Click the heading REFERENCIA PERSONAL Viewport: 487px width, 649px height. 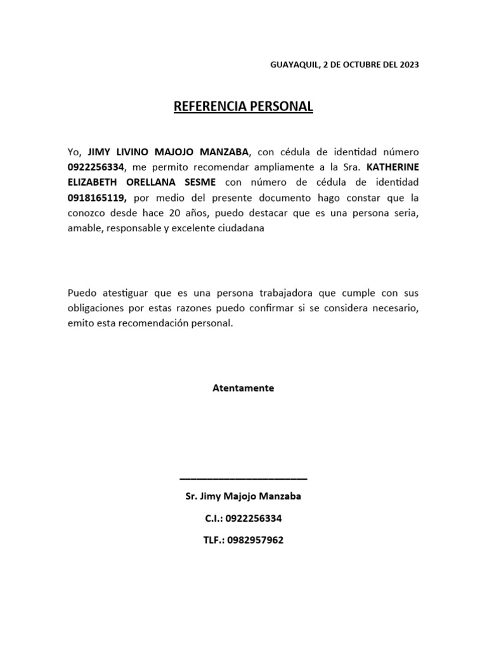(x=243, y=106)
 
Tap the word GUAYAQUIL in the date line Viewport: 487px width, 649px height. (x=294, y=65)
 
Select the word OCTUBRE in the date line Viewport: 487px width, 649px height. (x=358, y=65)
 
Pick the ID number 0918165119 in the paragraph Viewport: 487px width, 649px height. (x=96, y=197)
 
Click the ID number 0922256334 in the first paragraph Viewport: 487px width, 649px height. (x=96, y=167)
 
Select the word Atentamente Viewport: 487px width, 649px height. (x=243, y=388)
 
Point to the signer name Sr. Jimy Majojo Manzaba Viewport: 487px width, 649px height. (x=243, y=496)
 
